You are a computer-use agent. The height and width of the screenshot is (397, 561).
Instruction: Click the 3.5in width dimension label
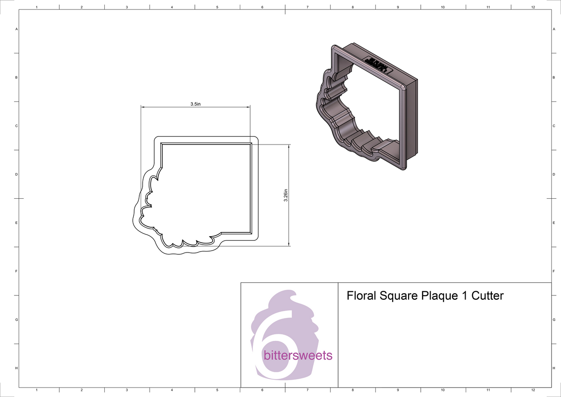(195, 104)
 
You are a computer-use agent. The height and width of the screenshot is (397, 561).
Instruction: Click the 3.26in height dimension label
(286, 195)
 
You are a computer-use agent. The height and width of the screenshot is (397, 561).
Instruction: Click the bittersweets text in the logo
(298, 356)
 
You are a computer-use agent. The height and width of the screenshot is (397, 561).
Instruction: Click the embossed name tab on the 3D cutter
(377, 65)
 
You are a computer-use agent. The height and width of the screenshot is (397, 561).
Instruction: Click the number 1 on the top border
(36, 7)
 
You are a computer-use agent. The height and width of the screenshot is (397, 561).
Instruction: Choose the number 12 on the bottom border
(533, 390)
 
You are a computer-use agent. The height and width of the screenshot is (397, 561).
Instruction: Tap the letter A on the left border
(17, 29)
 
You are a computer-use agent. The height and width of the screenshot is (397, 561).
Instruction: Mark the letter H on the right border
(554, 368)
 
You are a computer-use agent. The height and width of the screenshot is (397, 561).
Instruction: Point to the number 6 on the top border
(262, 7)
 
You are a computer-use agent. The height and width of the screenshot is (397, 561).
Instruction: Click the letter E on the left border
(17, 223)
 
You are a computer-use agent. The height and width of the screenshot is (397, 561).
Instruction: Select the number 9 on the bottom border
(398, 390)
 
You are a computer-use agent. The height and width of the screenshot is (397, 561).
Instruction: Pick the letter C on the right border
(554, 126)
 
